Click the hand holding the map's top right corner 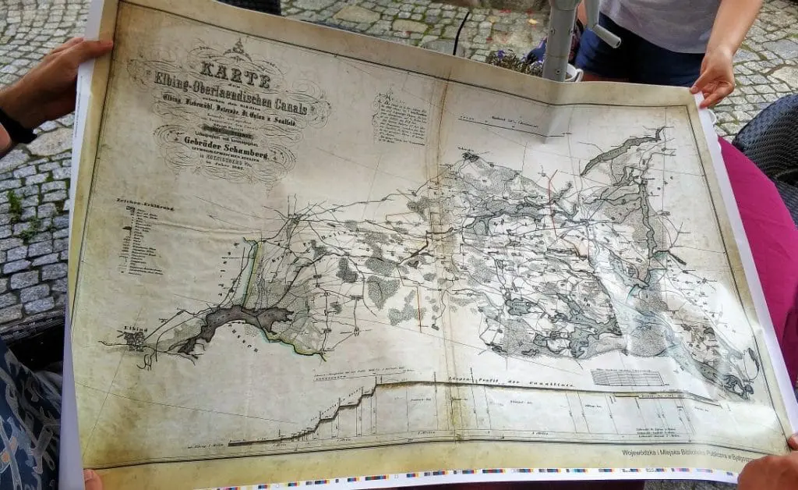tap(714, 79)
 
